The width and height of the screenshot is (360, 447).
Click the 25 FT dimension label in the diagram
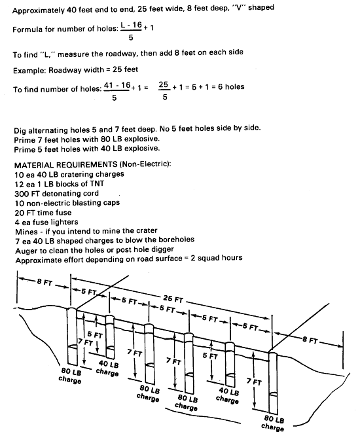[x=173, y=298]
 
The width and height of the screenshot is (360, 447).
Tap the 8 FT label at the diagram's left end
[x=45, y=282]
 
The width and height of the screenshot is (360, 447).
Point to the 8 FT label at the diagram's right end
[x=310, y=340]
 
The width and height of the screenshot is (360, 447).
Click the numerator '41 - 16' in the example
[x=117, y=85]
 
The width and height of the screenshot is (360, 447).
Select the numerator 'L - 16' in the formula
[x=132, y=25]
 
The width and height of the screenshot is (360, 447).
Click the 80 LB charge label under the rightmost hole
[x=274, y=423]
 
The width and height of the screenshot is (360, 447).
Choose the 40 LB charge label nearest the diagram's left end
[x=107, y=368]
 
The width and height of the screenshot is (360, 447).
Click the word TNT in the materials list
[x=96, y=184]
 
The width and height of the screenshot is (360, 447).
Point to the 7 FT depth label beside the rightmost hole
[x=254, y=382]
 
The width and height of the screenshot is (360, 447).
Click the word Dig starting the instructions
[x=20, y=131]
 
